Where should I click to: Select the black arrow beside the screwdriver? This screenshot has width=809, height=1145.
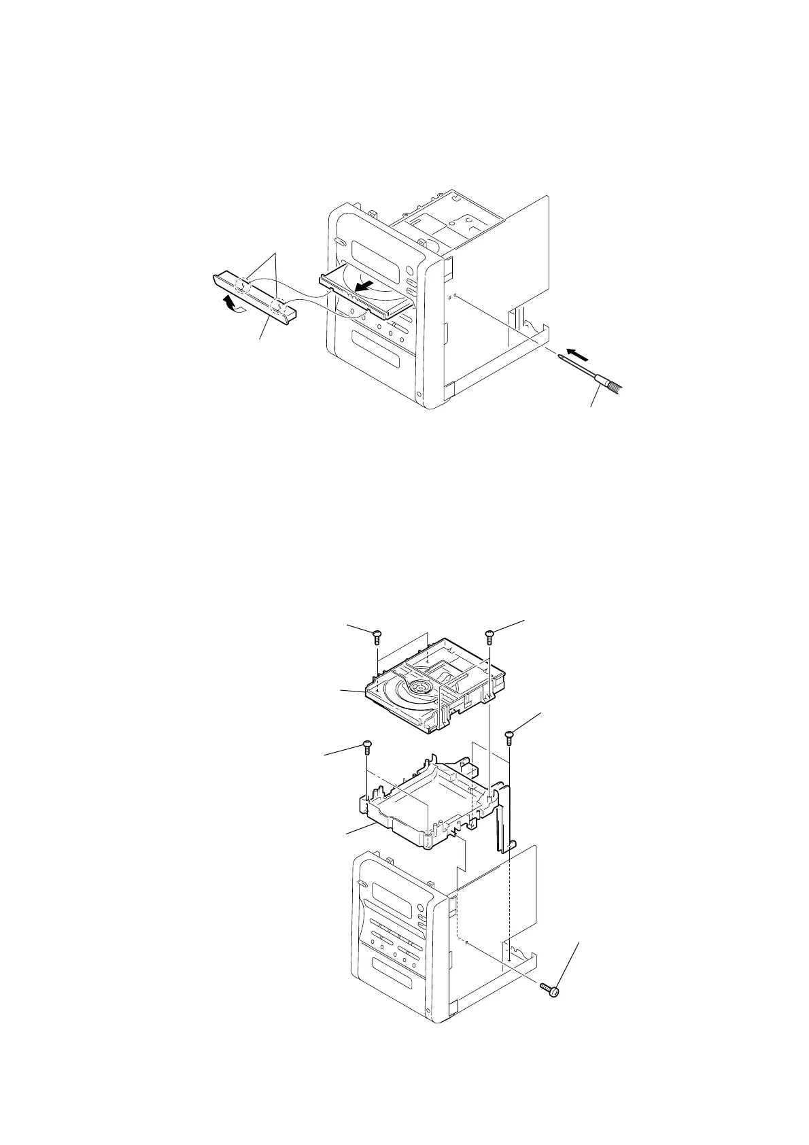577,354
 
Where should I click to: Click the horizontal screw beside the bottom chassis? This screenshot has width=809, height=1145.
549,990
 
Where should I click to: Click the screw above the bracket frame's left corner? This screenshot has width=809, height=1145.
367,746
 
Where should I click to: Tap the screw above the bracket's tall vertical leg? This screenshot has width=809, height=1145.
509,737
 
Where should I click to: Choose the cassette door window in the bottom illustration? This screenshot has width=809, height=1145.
393,974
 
